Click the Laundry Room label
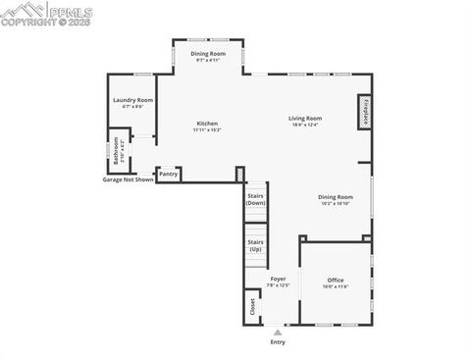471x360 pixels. (x=133, y=100)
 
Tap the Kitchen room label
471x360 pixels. (x=207, y=123)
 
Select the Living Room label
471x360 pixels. (x=305, y=118)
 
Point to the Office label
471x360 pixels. (x=336, y=280)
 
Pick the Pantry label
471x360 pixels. (x=169, y=175)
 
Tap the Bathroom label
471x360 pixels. (x=116, y=155)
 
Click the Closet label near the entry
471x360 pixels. (x=252, y=306)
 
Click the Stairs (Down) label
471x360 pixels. (x=255, y=200)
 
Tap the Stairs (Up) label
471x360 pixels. (x=255, y=244)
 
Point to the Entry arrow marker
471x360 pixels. (x=278, y=333)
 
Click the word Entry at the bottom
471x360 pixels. (x=278, y=342)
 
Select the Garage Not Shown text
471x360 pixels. (x=129, y=180)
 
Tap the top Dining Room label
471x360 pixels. (x=208, y=53)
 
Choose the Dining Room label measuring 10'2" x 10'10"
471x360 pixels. (x=336, y=196)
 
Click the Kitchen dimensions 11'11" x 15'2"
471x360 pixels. (x=207, y=129)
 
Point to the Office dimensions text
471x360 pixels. (x=336, y=286)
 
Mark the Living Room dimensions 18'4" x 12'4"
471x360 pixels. (x=305, y=125)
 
